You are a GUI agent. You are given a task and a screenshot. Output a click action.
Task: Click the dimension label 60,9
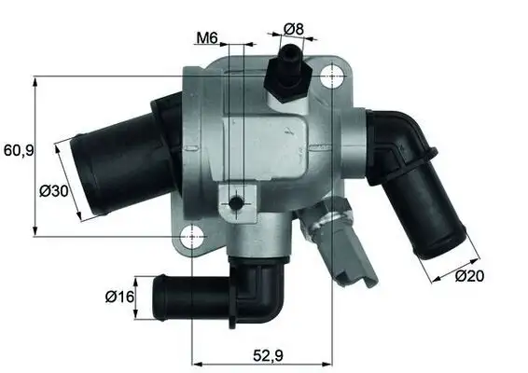(x=18, y=150)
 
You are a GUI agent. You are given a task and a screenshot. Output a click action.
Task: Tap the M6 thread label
(x=207, y=38)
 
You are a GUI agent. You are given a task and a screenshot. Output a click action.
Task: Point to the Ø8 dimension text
(x=294, y=29)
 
